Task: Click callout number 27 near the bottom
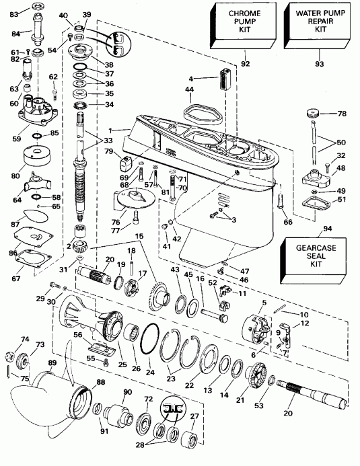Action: pos(194,416)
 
